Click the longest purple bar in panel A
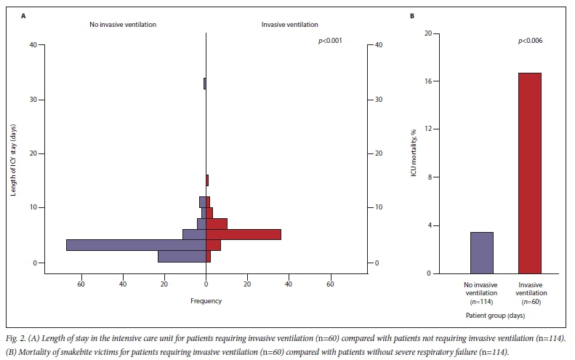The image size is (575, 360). [136, 245]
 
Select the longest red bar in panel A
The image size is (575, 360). [244, 234]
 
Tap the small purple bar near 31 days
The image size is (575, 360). [205, 84]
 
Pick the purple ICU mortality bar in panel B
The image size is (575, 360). [482, 252]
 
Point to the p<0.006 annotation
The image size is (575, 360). [530, 41]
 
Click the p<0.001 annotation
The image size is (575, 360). [331, 41]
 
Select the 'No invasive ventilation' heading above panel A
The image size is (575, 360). [123, 25]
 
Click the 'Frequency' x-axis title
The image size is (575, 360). [206, 300]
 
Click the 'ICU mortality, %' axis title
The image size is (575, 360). [417, 153]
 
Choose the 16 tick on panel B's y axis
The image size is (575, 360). [428, 81]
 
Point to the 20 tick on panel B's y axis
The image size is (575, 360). [428, 33]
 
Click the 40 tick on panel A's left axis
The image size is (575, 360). [33, 45]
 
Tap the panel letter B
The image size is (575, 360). [412, 16]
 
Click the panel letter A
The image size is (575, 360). [23, 16]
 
